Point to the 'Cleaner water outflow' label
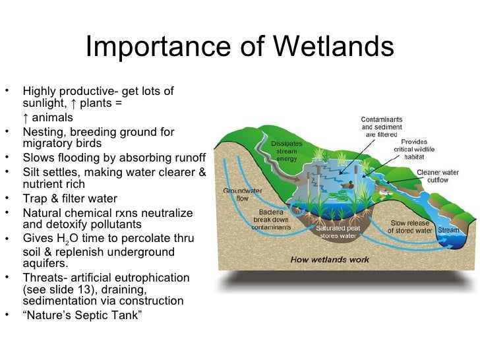pyautogui.click(x=436, y=175)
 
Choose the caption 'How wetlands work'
pyautogui.click(x=330, y=260)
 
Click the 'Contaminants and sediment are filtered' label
pyautogui.click(x=381, y=126)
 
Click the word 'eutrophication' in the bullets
pyautogui.click(x=152, y=277)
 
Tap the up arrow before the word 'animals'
pyautogui.click(x=25, y=117)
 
